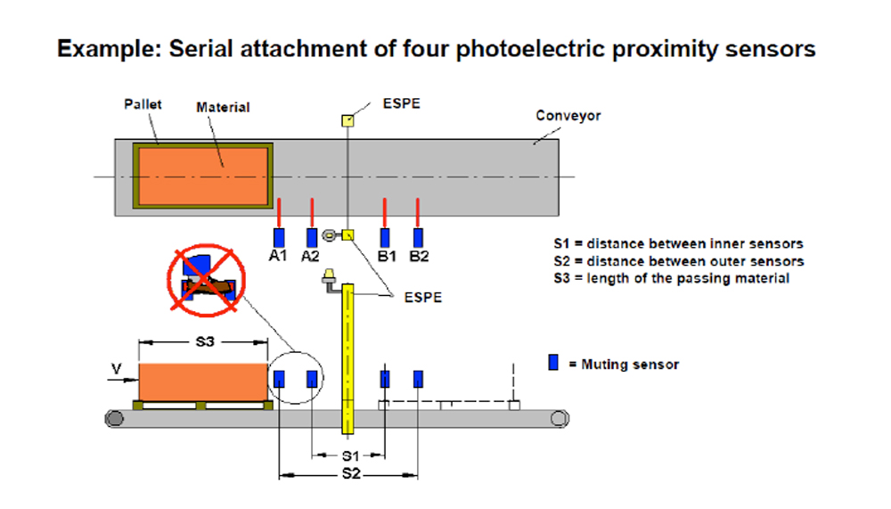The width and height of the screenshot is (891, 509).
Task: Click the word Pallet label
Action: pyautogui.click(x=143, y=104)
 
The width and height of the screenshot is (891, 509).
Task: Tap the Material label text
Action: pyautogui.click(x=223, y=107)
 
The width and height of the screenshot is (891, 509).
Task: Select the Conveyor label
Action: pyautogui.click(x=568, y=116)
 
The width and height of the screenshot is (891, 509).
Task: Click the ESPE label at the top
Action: pyautogui.click(x=401, y=103)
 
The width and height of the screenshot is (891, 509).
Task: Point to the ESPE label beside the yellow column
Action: pyautogui.click(x=422, y=298)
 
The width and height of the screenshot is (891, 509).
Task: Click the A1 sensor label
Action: pyautogui.click(x=277, y=257)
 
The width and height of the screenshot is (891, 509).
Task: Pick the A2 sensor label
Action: pyautogui.click(x=310, y=257)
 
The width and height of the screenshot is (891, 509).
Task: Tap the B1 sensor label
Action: pyautogui.click(x=387, y=257)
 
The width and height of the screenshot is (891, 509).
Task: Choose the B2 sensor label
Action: pyautogui.click(x=419, y=257)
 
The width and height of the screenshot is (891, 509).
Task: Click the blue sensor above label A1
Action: pyautogui.click(x=279, y=238)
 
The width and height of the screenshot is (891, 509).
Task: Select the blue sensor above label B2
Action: pyautogui.click(x=418, y=238)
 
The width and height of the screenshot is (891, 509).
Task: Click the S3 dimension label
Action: pyautogui.click(x=205, y=341)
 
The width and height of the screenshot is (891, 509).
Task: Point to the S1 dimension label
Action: pyautogui.click(x=350, y=456)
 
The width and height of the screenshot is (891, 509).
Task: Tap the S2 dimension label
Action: pyautogui.click(x=350, y=473)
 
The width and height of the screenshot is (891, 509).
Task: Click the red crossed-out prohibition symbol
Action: pyautogui.click(x=207, y=281)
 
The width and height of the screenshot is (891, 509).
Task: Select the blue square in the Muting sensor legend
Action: pyautogui.click(x=553, y=363)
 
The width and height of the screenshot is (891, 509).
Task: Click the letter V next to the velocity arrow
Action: pyautogui.click(x=117, y=369)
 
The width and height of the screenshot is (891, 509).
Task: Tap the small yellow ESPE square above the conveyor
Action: pyautogui.click(x=347, y=120)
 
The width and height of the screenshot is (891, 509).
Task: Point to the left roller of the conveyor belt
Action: pyautogui.click(x=114, y=419)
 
